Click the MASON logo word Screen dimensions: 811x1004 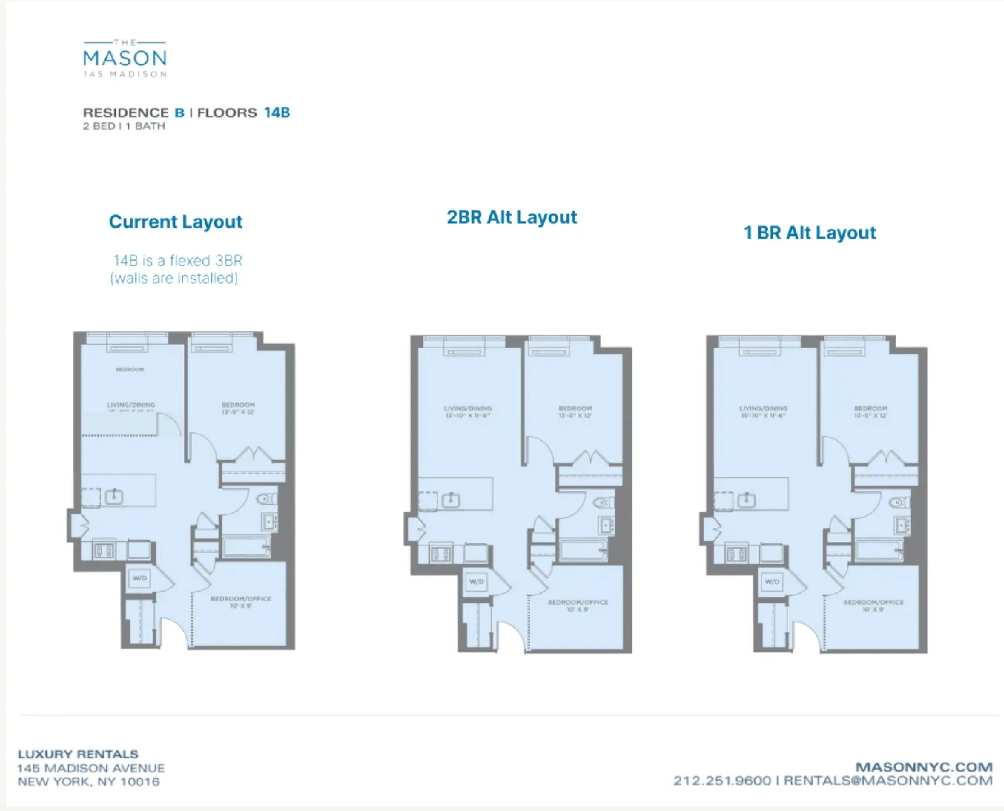(x=125, y=58)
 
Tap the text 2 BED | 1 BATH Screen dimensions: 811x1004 (x=124, y=126)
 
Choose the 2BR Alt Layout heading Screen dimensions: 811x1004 (x=512, y=217)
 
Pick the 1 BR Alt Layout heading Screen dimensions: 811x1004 (x=810, y=233)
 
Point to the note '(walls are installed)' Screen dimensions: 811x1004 (x=174, y=278)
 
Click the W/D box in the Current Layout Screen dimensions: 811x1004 (x=139, y=578)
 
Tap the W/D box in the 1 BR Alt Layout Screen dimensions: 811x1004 (x=772, y=582)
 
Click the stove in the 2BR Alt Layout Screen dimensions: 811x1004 (x=441, y=555)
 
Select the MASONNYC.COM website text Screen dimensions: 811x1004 (x=924, y=767)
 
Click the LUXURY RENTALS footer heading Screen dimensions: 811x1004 (x=78, y=754)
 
